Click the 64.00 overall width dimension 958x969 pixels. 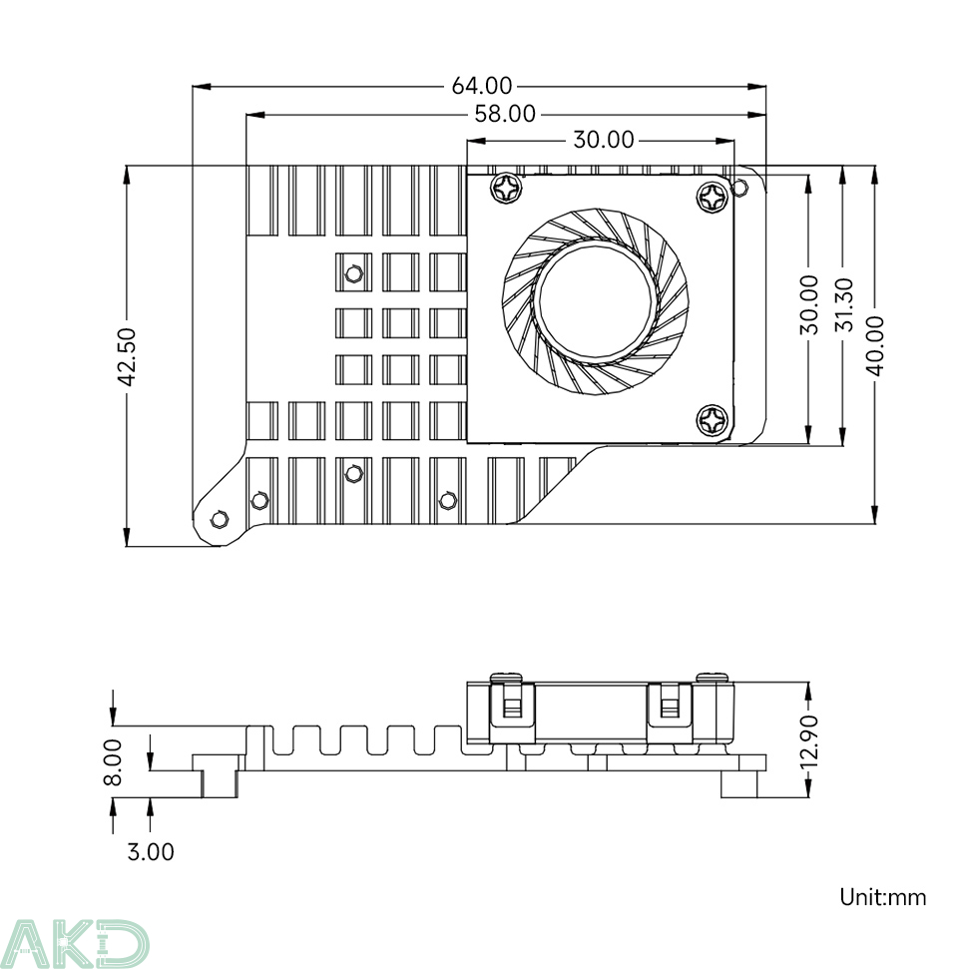click(482, 87)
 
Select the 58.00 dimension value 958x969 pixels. click(505, 114)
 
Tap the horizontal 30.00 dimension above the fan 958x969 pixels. click(603, 140)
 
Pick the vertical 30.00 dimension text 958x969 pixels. click(809, 305)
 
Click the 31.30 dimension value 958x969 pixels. click(843, 305)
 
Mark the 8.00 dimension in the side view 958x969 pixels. click(113, 761)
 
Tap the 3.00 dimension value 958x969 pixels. click(151, 851)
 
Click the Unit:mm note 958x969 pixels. click(882, 897)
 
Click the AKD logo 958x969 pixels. click(74, 942)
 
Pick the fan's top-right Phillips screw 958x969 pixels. click(715, 196)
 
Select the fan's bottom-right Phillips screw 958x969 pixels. click(715, 420)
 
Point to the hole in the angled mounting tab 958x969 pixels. click(221, 518)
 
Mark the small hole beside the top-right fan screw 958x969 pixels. click(741, 187)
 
